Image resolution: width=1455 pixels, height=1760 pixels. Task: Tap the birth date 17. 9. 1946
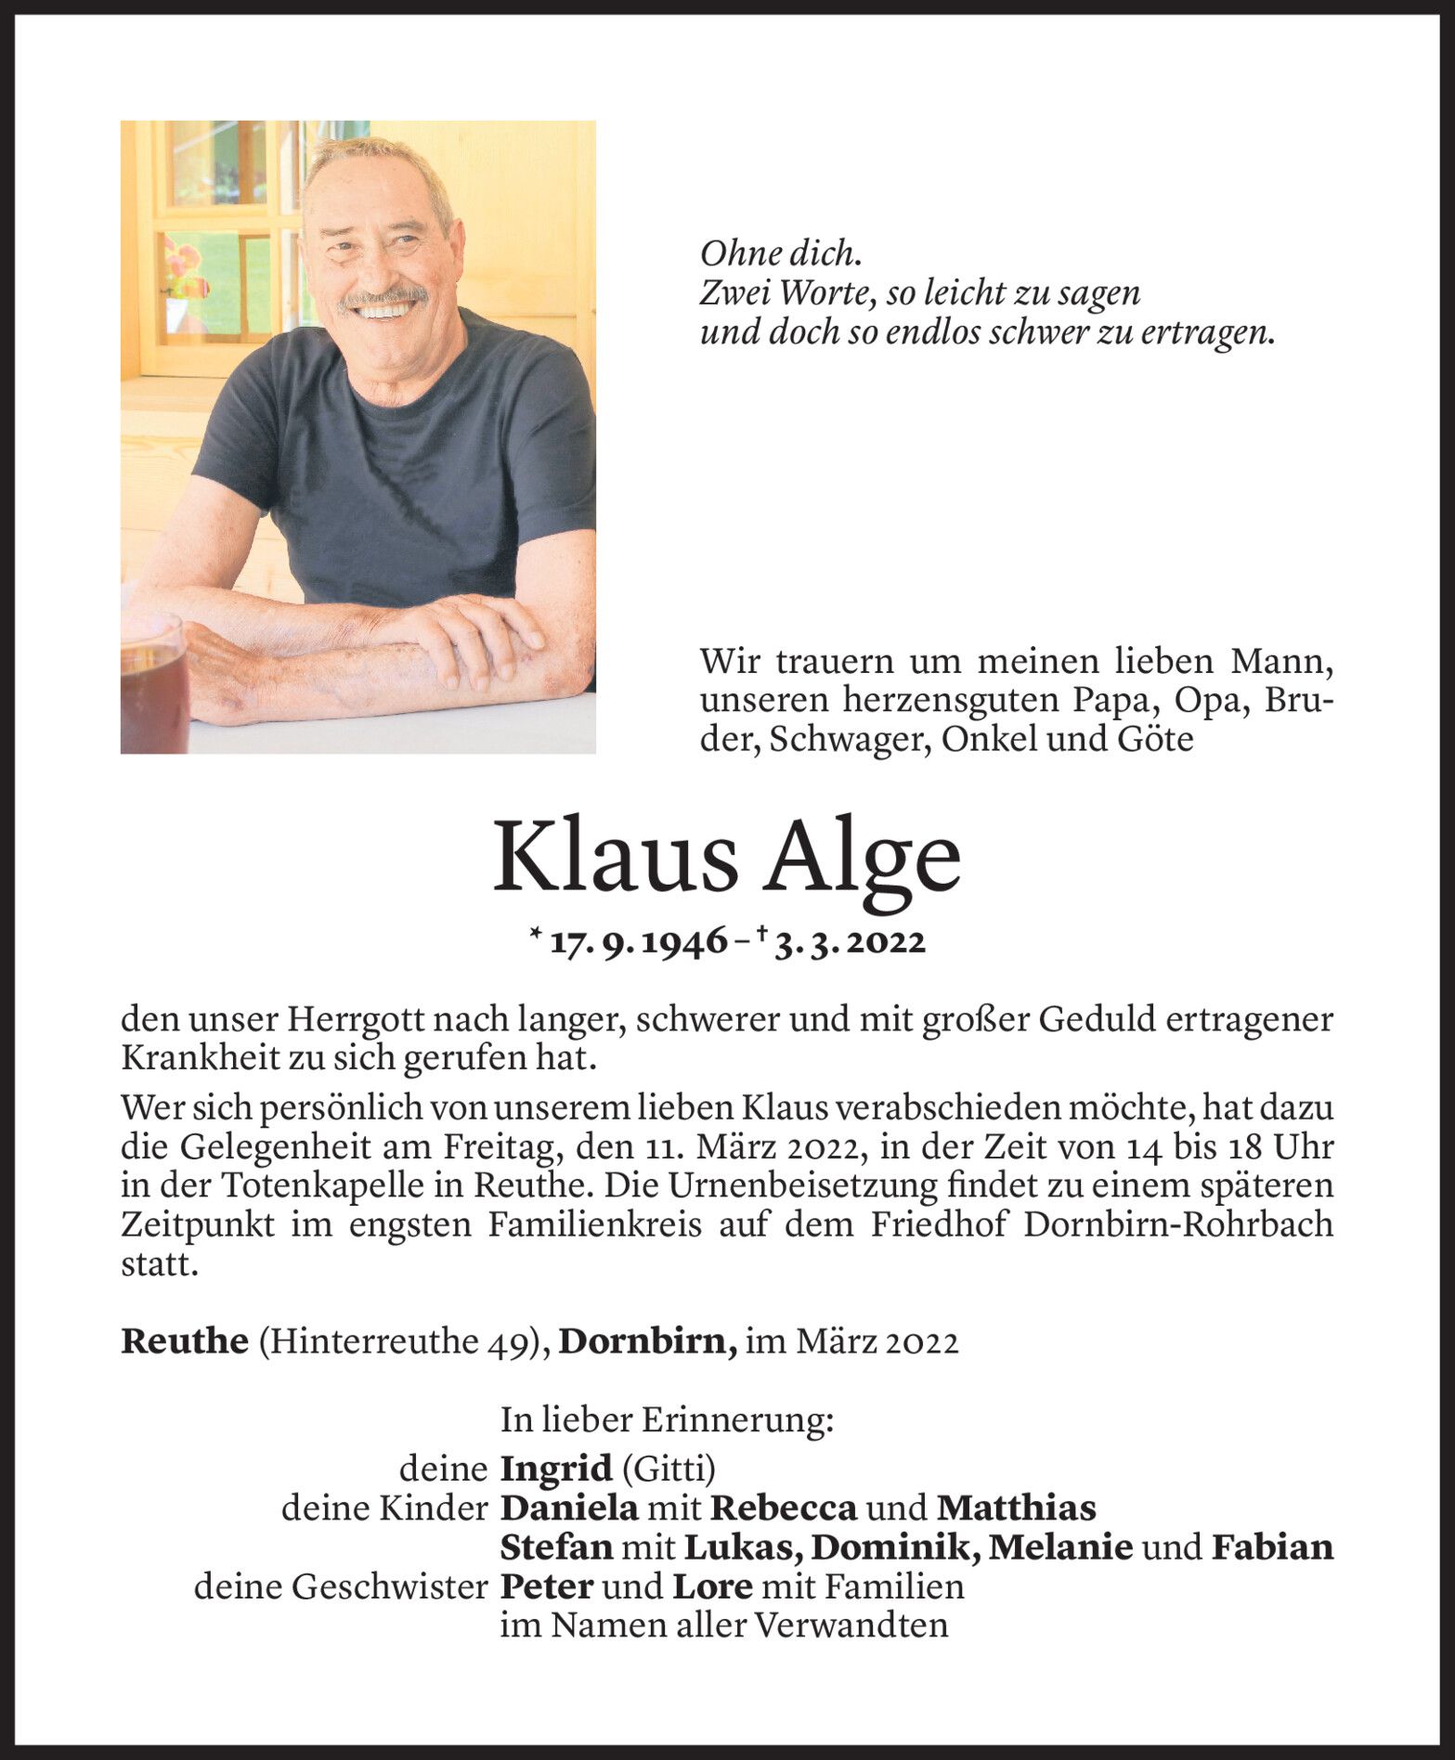coord(639,942)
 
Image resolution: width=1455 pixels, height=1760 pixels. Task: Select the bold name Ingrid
coord(556,1469)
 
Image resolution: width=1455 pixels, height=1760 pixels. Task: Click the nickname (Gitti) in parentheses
coord(669,1469)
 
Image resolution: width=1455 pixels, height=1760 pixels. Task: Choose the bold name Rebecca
coord(784,1508)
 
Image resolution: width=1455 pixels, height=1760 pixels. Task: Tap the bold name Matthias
coord(1016,1508)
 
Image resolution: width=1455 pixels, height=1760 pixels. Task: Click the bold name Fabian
coord(1271,1547)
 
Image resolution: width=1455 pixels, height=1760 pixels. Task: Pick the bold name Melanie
coord(1060,1547)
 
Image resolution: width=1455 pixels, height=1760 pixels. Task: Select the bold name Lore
coord(712,1586)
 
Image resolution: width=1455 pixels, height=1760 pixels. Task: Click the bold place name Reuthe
coord(185,1341)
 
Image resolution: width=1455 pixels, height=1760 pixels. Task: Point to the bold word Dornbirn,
coord(648,1341)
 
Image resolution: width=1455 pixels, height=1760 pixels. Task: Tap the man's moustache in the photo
coord(383,298)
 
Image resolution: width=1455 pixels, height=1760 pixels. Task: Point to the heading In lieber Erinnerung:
coord(667,1420)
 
